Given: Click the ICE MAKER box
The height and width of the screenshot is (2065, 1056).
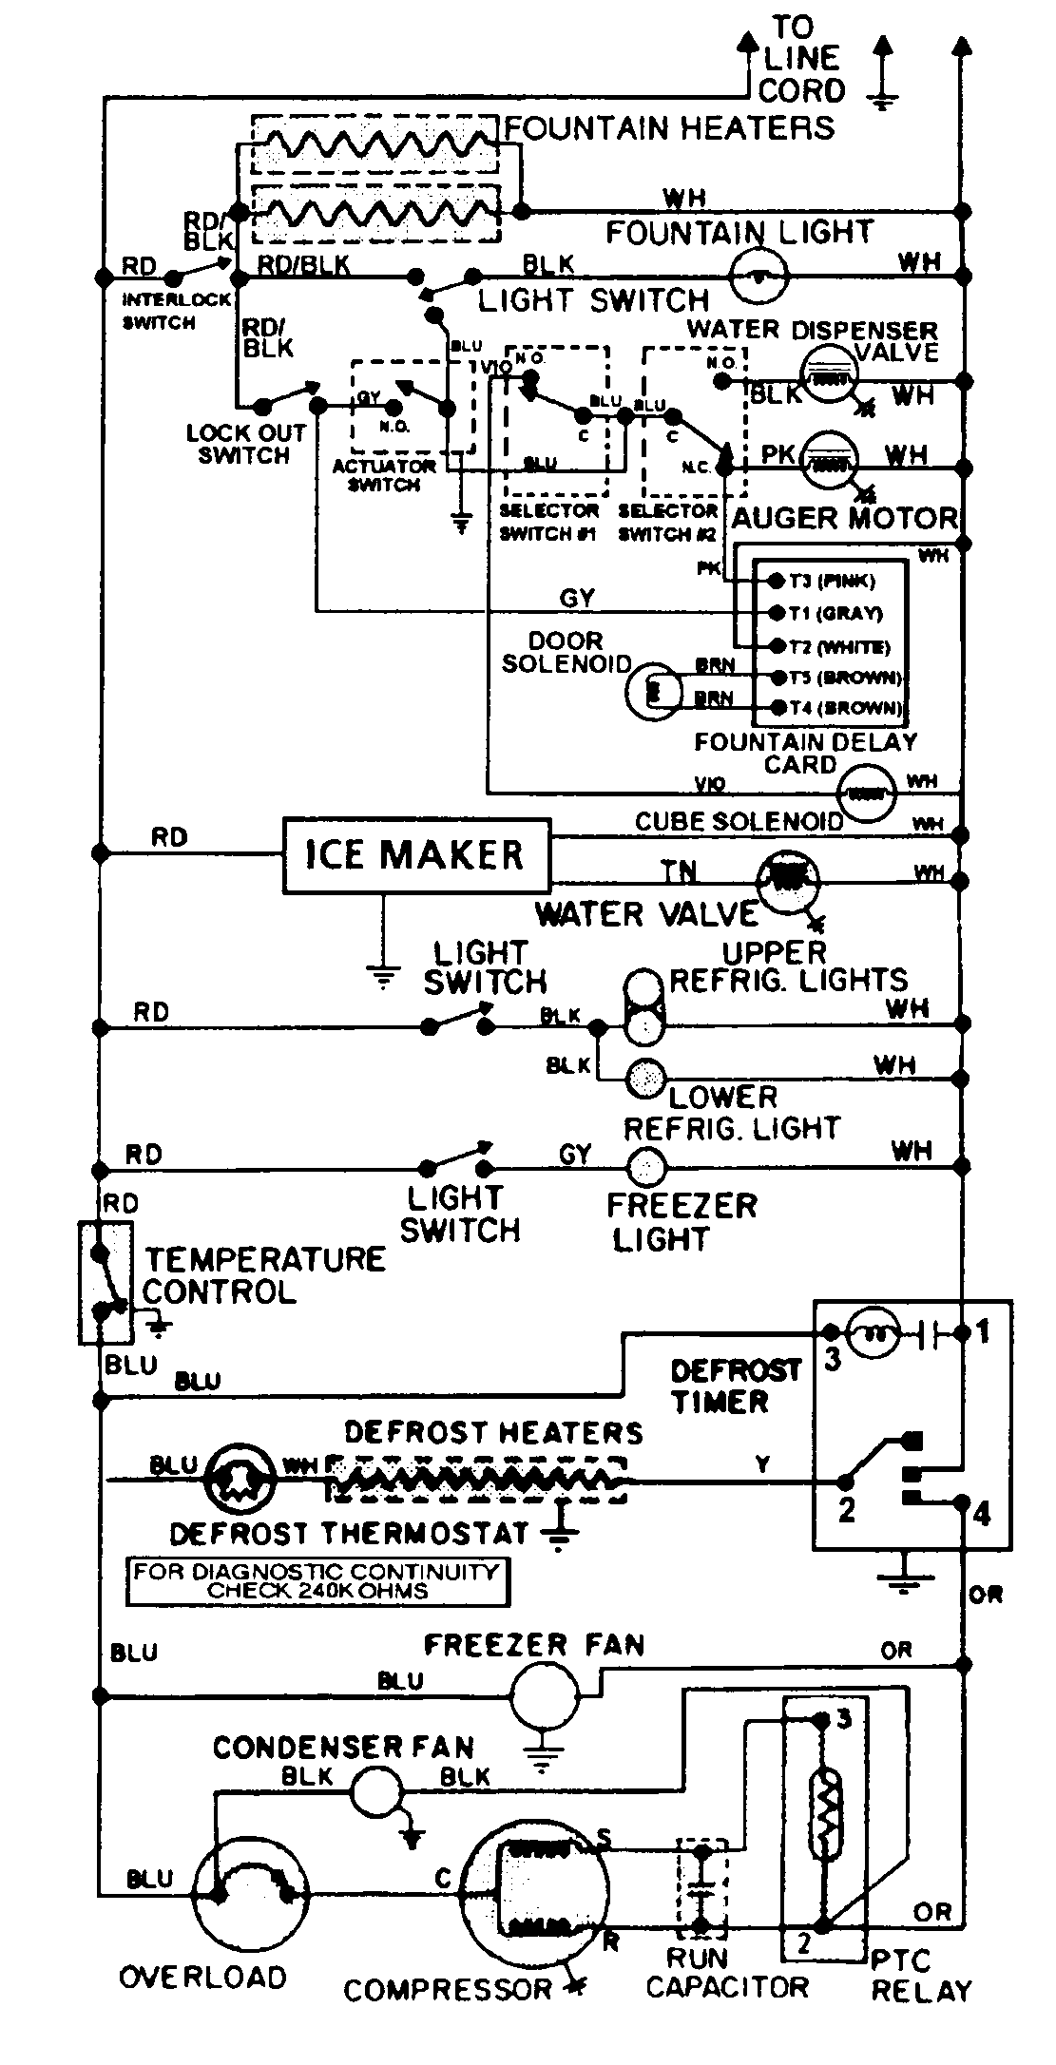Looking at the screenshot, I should click(415, 855).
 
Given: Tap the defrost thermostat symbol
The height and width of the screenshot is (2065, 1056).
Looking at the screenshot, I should click(240, 1480).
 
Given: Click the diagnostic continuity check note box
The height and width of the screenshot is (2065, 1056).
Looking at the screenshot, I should click(317, 1582).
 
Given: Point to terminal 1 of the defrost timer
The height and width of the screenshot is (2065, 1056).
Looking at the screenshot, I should click(964, 1333).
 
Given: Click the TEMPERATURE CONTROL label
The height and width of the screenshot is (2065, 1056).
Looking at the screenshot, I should click(263, 1275).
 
